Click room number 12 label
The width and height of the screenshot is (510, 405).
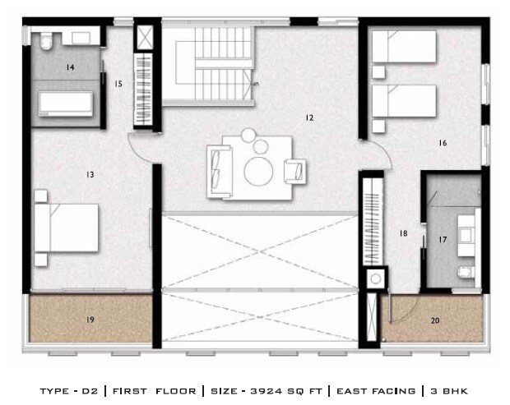[x=309, y=118]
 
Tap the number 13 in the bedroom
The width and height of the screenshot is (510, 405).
[x=90, y=174]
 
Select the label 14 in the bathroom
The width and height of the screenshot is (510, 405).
[x=71, y=67]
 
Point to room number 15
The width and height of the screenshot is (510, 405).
[x=118, y=83]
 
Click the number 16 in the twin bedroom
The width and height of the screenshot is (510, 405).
[x=443, y=143]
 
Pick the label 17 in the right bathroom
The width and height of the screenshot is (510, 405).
[x=443, y=240]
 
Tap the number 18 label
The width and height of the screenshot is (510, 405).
[x=403, y=234]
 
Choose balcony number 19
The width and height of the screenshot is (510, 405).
[x=90, y=318]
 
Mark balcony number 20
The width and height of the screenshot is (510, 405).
[x=434, y=320]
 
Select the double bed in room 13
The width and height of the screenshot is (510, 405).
[x=66, y=228]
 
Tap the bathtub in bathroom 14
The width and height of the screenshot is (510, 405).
[x=67, y=104]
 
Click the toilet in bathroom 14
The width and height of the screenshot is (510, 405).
[x=45, y=39]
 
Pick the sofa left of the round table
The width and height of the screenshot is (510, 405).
[x=218, y=169]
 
